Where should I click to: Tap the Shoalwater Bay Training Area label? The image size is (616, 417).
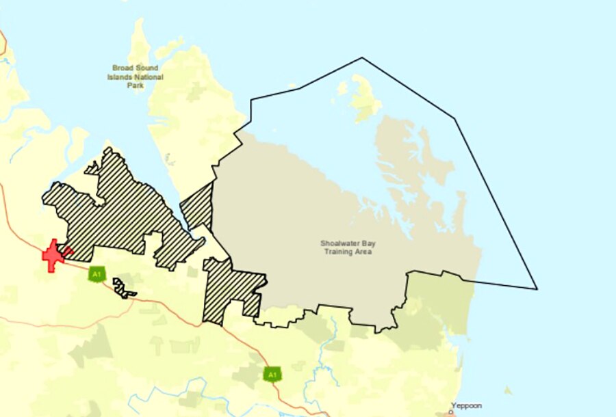(348, 247)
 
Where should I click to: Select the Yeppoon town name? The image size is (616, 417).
(466, 406)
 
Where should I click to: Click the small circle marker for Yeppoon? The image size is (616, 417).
(450, 412)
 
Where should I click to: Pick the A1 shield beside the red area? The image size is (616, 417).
(97, 275)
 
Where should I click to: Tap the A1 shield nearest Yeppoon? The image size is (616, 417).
(272, 374)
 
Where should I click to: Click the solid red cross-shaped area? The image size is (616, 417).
(53, 256)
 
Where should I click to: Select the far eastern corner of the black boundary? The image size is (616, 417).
(537, 288)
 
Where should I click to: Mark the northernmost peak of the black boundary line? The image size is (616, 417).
(362, 58)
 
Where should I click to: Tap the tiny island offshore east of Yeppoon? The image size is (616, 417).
(507, 390)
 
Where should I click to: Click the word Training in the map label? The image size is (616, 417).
(339, 252)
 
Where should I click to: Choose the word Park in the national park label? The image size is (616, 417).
(135, 85)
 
